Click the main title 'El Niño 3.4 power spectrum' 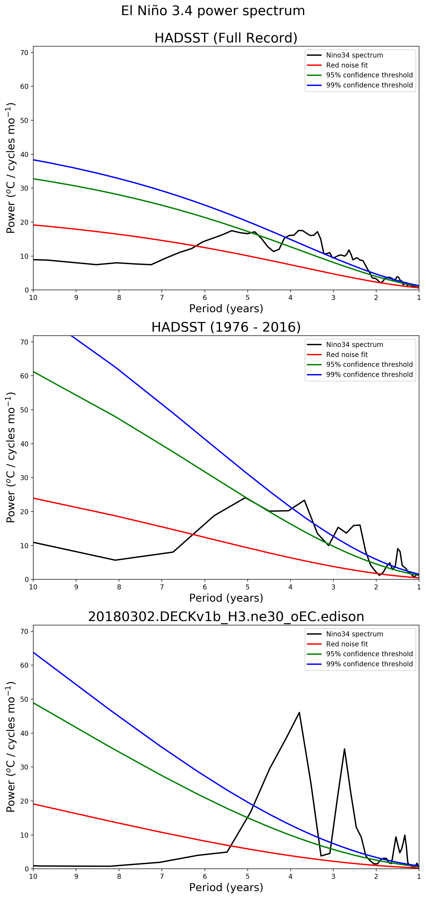[x=213, y=11]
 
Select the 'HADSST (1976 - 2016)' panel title [x=226, y=327]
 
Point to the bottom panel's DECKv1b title [x=226, y=617]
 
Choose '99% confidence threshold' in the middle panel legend [x=369, y=374]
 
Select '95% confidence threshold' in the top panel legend [x=369, y=75]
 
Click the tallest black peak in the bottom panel [x=299, y=713]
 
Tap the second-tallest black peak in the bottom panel [x=344, y=749]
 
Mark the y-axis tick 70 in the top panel [x=24, y=53]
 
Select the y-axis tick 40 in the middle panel [x=24, y=444]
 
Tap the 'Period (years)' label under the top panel [x=226, y=309]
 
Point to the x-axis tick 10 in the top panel [x=33, y=298]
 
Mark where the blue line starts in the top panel [x=34, y=160]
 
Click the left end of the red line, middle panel [x=34, y=498]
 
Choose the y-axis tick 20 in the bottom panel [x=24, y=801]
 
